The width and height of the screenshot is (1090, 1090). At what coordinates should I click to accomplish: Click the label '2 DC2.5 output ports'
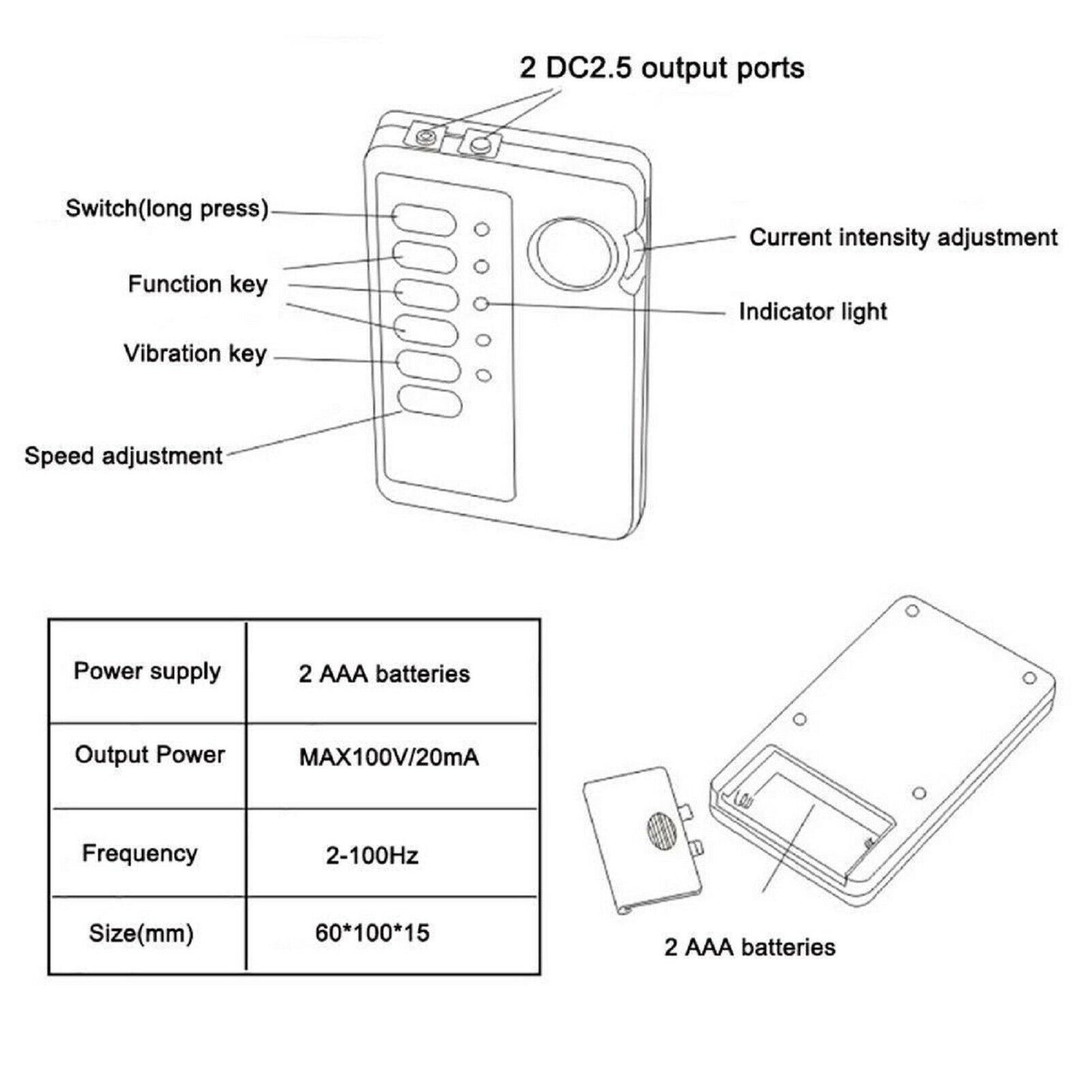[662, 69]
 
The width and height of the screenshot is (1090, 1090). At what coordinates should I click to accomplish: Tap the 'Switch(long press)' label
[167, 208]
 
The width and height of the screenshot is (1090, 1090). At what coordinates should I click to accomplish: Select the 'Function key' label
[198, 284]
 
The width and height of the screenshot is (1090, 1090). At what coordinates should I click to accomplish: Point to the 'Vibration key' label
[195, 353]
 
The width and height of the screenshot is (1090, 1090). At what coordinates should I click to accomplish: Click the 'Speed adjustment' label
[124, 456]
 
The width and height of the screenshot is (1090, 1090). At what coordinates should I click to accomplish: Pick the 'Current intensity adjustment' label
[903, 237]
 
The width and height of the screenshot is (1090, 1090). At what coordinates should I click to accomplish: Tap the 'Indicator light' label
[812, 312]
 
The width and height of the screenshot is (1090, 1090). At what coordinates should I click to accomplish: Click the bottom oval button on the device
[429, 402]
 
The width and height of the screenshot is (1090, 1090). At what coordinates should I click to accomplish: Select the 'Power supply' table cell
[147, 671]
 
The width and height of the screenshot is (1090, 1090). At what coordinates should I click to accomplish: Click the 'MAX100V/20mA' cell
[389, 757]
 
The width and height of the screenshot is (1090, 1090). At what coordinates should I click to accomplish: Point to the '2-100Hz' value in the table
[372, 855]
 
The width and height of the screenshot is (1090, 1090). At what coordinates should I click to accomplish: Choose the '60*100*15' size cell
[372, 933]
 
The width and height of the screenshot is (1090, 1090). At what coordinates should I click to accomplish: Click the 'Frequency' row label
[140, 853]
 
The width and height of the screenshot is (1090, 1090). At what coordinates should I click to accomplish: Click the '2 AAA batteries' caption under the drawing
[750, 947]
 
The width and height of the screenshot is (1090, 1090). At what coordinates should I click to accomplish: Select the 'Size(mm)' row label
[141, 933]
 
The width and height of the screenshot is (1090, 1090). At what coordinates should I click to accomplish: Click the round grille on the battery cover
[661, 832]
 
